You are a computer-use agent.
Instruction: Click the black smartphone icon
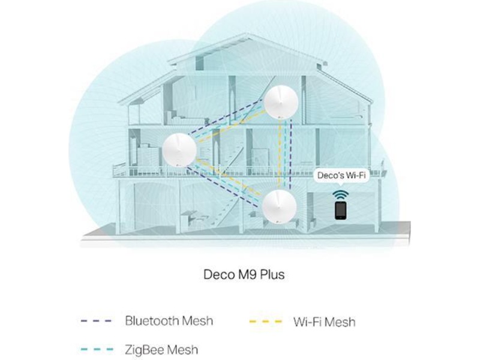point(340,210)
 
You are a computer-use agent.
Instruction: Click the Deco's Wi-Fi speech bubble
point(341,176)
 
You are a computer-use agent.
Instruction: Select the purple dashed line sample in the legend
point(96,321)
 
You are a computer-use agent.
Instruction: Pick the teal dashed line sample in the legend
point(96,349)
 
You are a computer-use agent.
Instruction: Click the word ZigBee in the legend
point(145,349)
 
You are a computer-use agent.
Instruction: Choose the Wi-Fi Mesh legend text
point(324,322)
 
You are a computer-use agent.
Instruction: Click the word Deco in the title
point(218,275)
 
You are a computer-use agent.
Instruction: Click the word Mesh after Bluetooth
point(199,320)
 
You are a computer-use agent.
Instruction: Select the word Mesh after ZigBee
point(182,349)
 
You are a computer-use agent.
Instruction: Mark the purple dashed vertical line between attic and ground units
point(291,153)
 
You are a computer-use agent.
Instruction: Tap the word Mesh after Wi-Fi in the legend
point(340,322)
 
